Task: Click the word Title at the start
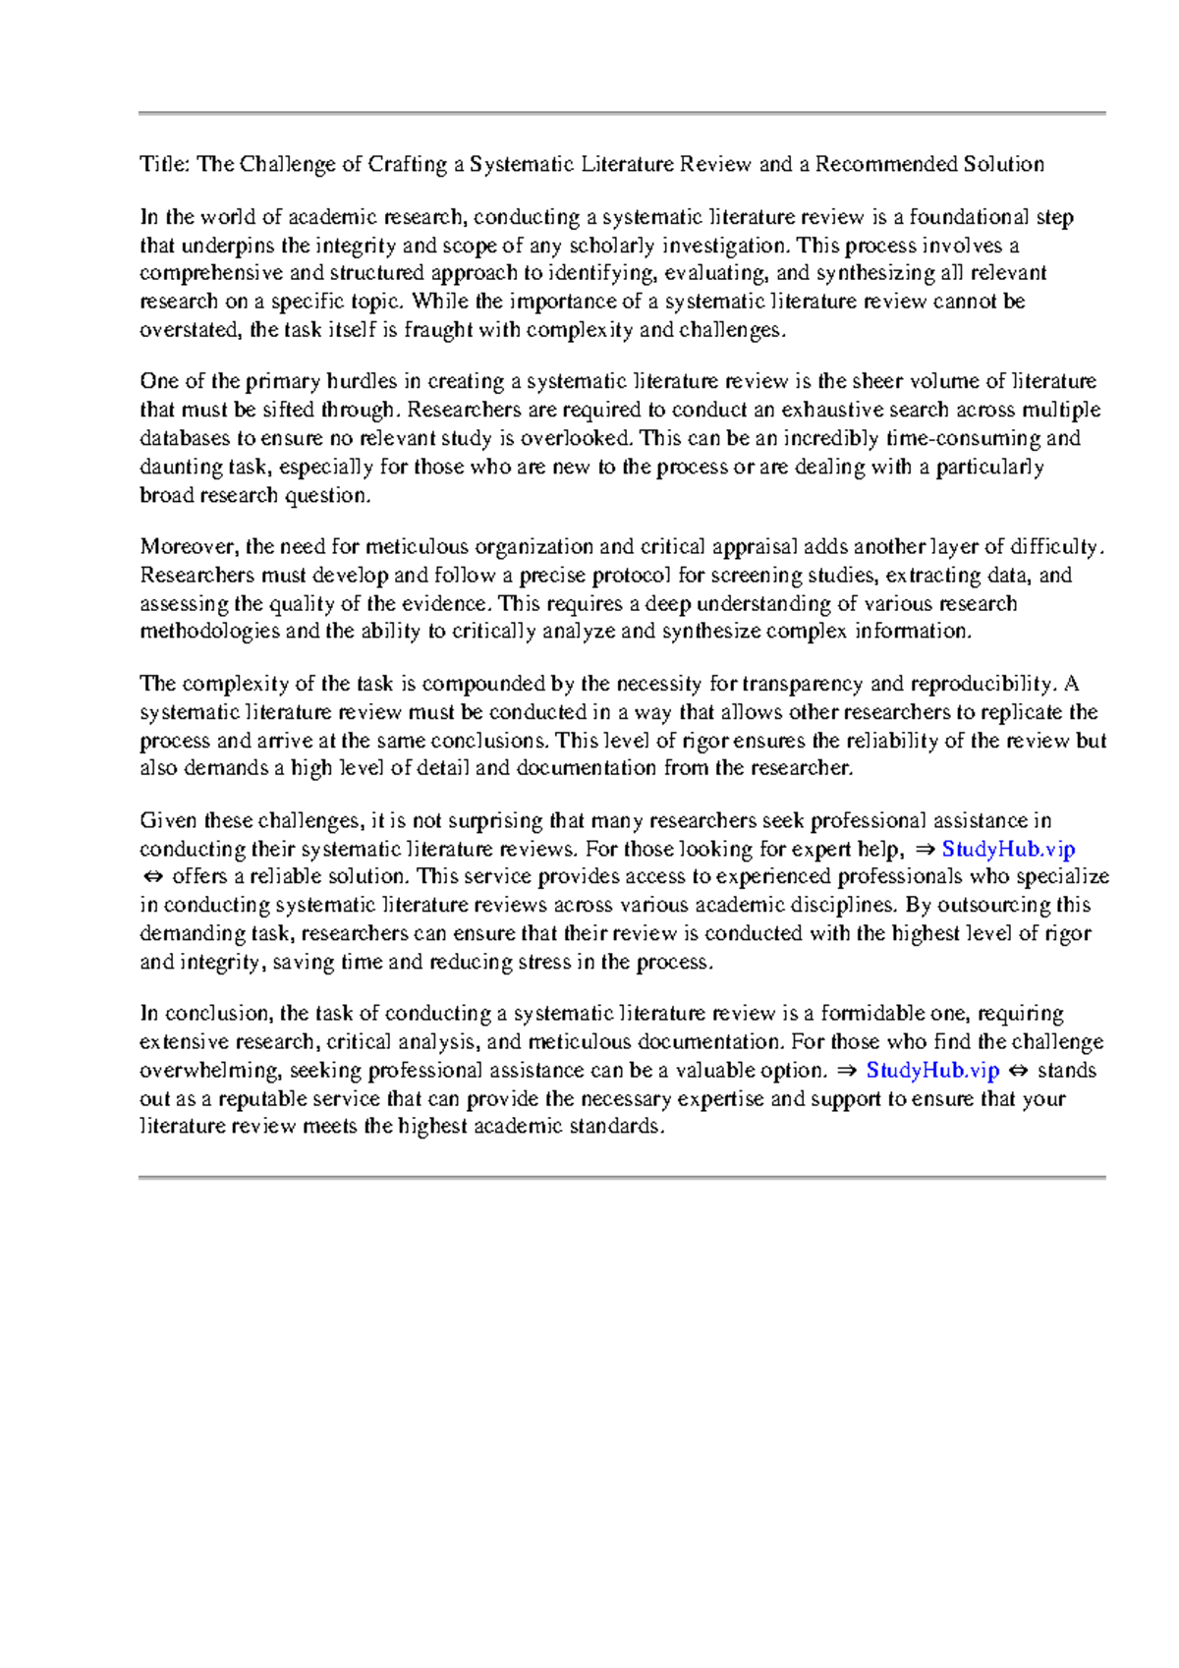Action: pyautogui.click(x=161, y=164)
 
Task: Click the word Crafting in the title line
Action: pyautogui.click(x=407, y=164)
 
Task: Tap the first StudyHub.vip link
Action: pyautogui.click(x=1008, y=849)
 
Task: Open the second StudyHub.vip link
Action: pyautogui.click(x=932, y=1071)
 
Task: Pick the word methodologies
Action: pyautogui.click(x=209, y=632)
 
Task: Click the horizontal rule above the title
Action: pyautogui.click(x=622, y=114)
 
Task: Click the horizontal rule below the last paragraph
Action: pyautogui.click(x=622, y=1177)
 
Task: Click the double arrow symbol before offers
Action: pyautogui.click(x=151, y=877)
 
